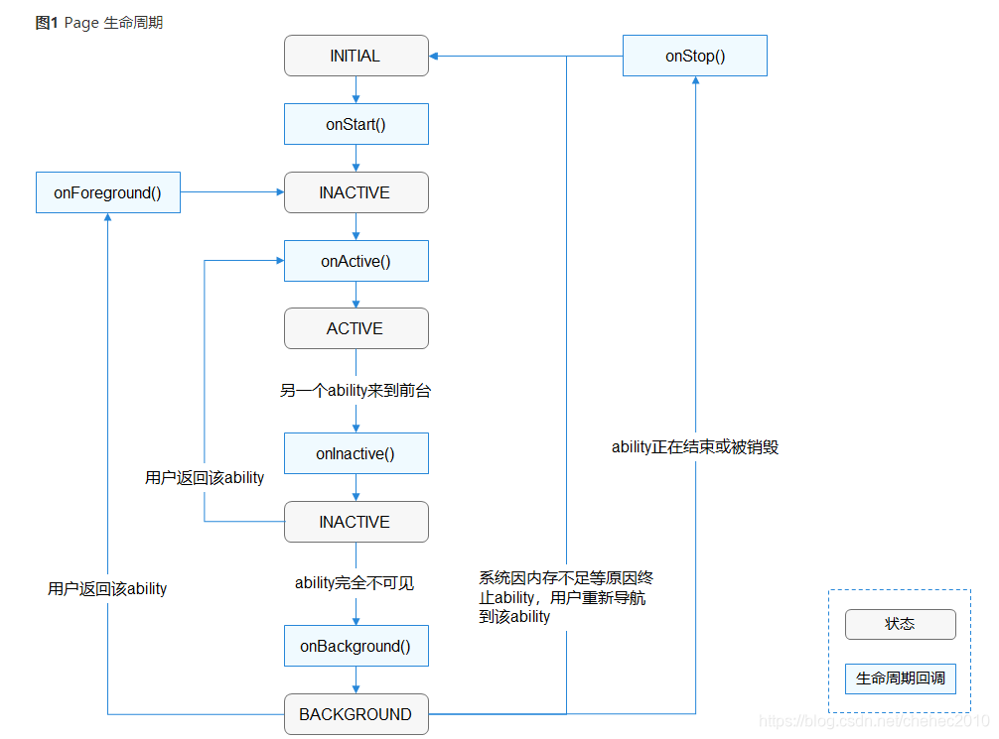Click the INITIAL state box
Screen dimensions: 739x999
tap(356, 56)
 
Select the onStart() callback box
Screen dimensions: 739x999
tap(356, 124)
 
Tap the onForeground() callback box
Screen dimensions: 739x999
tap(107, 192)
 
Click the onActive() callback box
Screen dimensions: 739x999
tap(356, 261)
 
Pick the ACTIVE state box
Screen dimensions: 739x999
tap(356, 328)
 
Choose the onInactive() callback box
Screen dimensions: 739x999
tap(356, 453)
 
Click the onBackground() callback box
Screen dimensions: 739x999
tap(356, 646)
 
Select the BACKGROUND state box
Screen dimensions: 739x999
tap(356, 714)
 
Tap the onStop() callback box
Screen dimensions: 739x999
tap(695, 56)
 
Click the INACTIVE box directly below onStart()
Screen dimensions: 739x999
tap(356, 192)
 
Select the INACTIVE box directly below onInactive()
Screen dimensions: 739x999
tap(356, 522)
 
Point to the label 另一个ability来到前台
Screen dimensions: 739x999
tap(356, 391)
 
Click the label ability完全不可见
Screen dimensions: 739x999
tap(355, 583)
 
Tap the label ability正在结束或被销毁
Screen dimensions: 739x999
tap(695, 447)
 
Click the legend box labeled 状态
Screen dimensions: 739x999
tap(900, 624)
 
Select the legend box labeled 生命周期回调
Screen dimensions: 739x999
tap(900, 679)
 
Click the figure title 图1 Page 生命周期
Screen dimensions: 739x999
tap(99, 23)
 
